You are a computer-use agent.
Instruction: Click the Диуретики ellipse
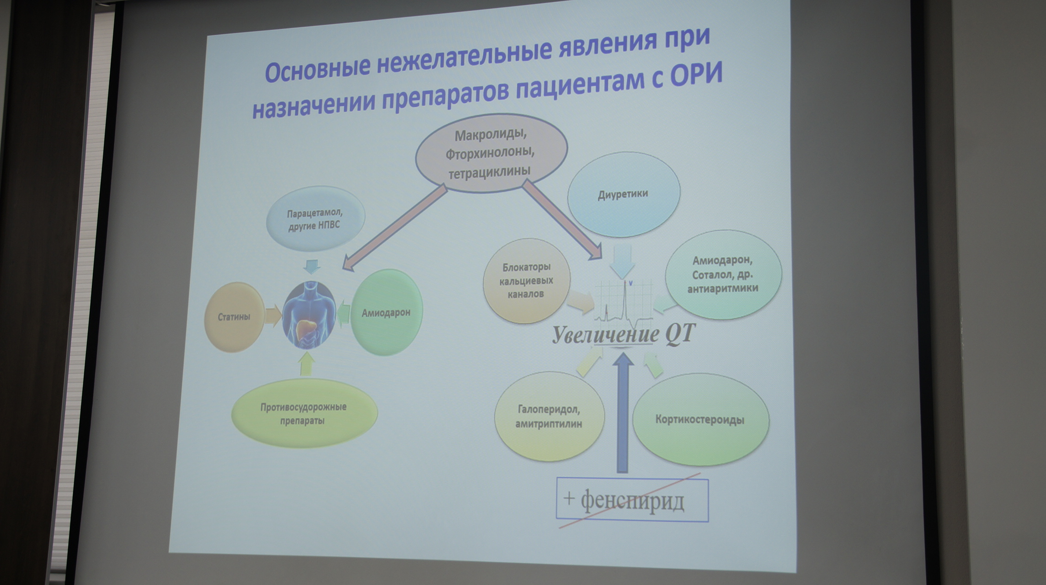tap(624, 194)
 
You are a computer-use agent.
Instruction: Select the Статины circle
tap(235, 317)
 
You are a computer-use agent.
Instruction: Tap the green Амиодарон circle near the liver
tap(386, 313)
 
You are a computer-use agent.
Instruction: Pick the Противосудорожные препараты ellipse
tap(304, 413)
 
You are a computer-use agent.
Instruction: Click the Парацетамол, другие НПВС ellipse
tap(315, 219)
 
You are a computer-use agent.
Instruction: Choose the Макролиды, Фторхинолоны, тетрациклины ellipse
tap(491, 153)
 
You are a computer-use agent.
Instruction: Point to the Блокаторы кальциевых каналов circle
tap(527, 281)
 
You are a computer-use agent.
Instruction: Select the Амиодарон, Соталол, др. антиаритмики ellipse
tap(723, 274)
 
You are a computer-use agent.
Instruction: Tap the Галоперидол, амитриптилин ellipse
tap(550, 416)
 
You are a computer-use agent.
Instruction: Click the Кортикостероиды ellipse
tap(700, 420)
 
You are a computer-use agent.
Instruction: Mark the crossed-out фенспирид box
tap(632, 500)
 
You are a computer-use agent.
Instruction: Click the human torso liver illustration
tap(309, 315)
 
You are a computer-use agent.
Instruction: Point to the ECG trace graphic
tap(624, 301)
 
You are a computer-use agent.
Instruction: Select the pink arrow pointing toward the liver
tap(395, 227)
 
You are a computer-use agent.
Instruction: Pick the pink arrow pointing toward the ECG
tap(562, 219)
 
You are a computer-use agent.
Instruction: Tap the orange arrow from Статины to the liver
tap(273, 316)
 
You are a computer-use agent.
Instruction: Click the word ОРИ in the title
tap(696, 74)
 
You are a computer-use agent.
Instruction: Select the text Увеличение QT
tap(624, 334)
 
